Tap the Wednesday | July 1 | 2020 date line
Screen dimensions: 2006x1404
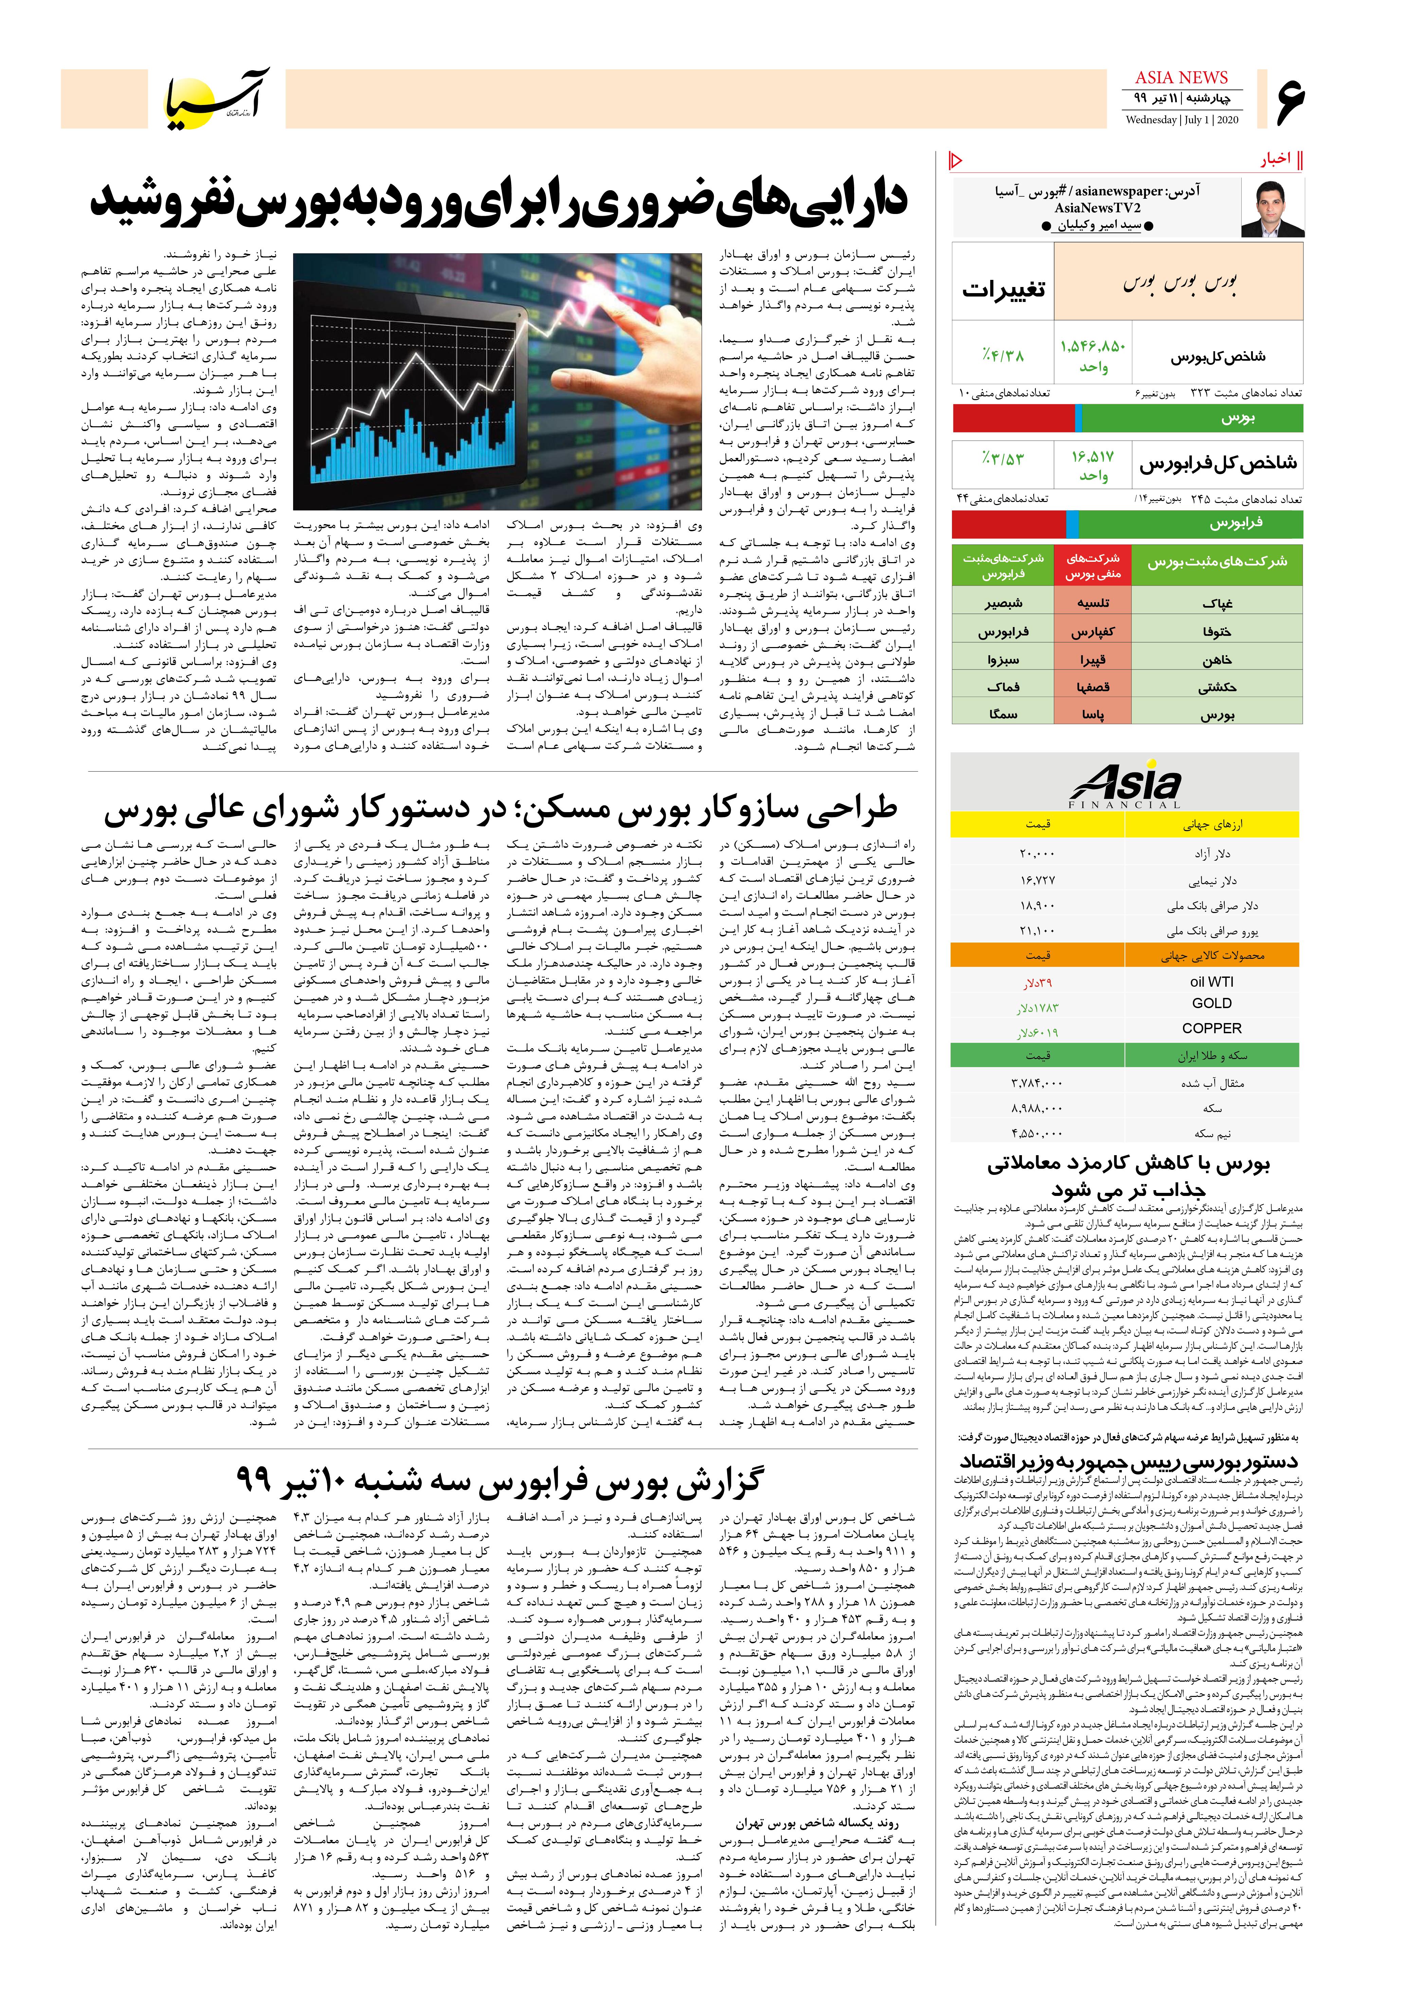pos(1181,120)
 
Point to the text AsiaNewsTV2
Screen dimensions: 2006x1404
pos(1097,208)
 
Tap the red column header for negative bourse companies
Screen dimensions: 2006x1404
pos(1092,565)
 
